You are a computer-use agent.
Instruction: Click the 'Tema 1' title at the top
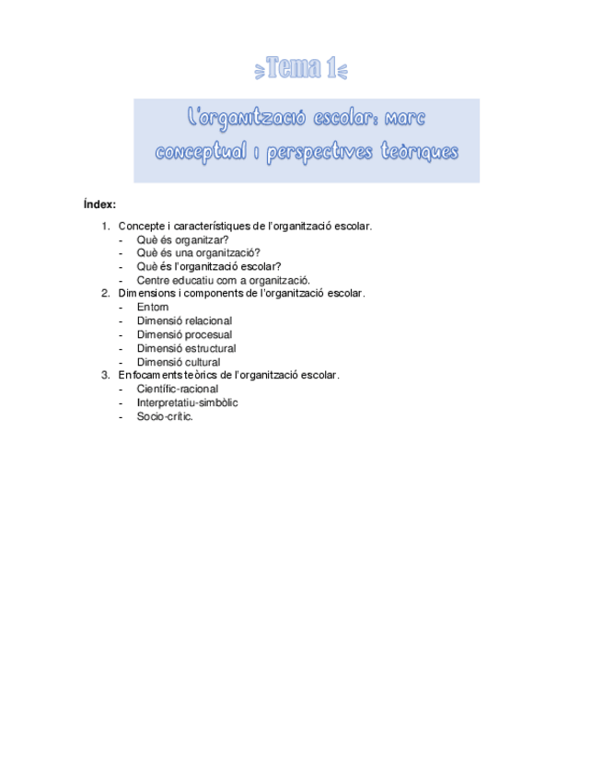pyautogui.click(x=301, y=66)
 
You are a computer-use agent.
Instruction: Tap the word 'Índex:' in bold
pyautogui.click(x=99, y=204)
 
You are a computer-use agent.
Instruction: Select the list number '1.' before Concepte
pyautogui.click(x=107, y=227)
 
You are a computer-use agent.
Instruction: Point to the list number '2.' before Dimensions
pyautogui.click(x=107, y=294)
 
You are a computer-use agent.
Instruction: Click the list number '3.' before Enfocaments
pyautogui.click(x=107, y=375)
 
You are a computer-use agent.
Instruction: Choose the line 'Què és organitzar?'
pyautogui.click(x=182, y=239)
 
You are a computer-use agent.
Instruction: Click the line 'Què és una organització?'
pyautogui.click(x=198, y=253)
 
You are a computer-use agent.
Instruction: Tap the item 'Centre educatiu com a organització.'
pyautogui.click(x=224, y=280)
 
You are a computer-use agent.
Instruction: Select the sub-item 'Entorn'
pyautogui.click(x=153, y=308)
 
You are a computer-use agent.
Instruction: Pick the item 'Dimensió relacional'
pyautogui.click(x=184, y=321)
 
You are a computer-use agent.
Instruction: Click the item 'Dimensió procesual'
pyautogui.click(x=184, y=334)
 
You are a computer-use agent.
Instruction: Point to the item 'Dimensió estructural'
pyautogui.click(x=186, y=348)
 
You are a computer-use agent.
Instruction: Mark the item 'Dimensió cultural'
pyautogui.click(x=179, y=362)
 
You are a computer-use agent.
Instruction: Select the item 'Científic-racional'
pyautogui.click(x=178, y=389)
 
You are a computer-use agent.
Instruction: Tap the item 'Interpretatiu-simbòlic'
pyautogui.click(x=188, y=402)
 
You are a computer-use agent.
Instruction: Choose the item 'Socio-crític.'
pyautogui.click(x=165, y=416)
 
